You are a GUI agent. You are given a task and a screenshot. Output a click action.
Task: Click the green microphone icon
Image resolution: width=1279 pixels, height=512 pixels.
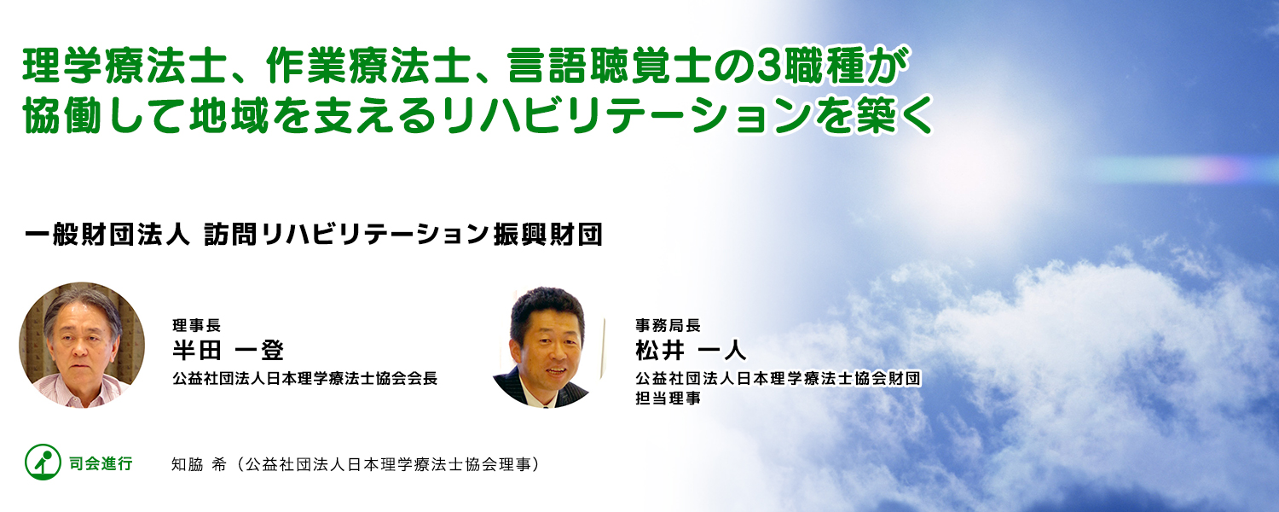click(x=43, y=462)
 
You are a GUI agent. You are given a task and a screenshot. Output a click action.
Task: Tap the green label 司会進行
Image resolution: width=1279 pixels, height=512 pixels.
click(x=101, y=463)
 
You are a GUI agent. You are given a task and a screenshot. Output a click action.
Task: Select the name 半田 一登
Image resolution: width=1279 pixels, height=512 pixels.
click(x=229, y=350)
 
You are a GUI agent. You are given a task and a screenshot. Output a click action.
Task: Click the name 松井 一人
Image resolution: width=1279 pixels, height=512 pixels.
click(x=691, y=350)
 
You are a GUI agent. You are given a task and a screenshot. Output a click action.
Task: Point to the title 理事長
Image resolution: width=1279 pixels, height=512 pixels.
click(x=196, y=325)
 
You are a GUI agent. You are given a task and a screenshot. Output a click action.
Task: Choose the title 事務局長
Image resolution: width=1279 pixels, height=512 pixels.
click(x=668, y=325)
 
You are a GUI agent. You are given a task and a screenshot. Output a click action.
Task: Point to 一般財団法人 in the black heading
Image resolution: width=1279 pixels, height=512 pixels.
click(x=107, y=235)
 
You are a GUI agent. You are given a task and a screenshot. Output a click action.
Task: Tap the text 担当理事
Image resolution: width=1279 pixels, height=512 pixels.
click(x=668, y=398)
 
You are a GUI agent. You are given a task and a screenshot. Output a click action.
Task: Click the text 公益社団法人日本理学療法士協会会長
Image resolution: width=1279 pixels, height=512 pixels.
click(x=305, y=378)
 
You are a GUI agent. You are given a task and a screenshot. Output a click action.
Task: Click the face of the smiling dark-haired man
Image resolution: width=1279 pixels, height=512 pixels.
click(x=548, y=348)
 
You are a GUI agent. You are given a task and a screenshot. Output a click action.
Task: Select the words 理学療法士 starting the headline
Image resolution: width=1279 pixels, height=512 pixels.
click(x=122, y=67)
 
